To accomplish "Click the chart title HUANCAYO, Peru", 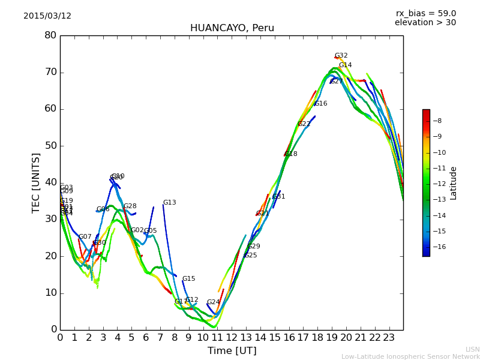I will (232, 28).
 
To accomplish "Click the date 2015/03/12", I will (47, 16).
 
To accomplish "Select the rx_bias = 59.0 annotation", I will (425, 14).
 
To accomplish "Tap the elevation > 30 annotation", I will (425, 23).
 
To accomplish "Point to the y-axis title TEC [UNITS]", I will (36, 182).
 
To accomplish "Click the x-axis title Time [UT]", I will (232, 350).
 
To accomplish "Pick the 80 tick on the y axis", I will (50, 35).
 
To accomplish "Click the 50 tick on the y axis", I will (50, 146).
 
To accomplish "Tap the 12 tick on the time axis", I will (232, 337).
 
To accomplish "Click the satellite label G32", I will (341, 56).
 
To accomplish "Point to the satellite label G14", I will (345, 65).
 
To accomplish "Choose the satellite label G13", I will (169, 203).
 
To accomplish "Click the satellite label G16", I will (320, 104).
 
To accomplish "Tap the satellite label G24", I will (213, 302).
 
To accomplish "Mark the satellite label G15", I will (188, 279).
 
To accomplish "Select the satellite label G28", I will (130, 206).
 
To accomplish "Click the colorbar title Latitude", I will (454, 183).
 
